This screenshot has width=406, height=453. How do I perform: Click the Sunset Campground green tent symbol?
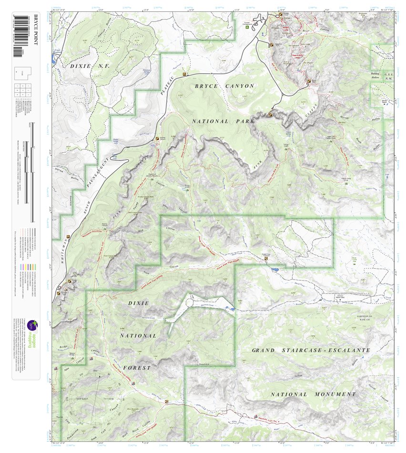pos(247,27)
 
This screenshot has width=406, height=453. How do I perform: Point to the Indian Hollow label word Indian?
pos(299,376)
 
